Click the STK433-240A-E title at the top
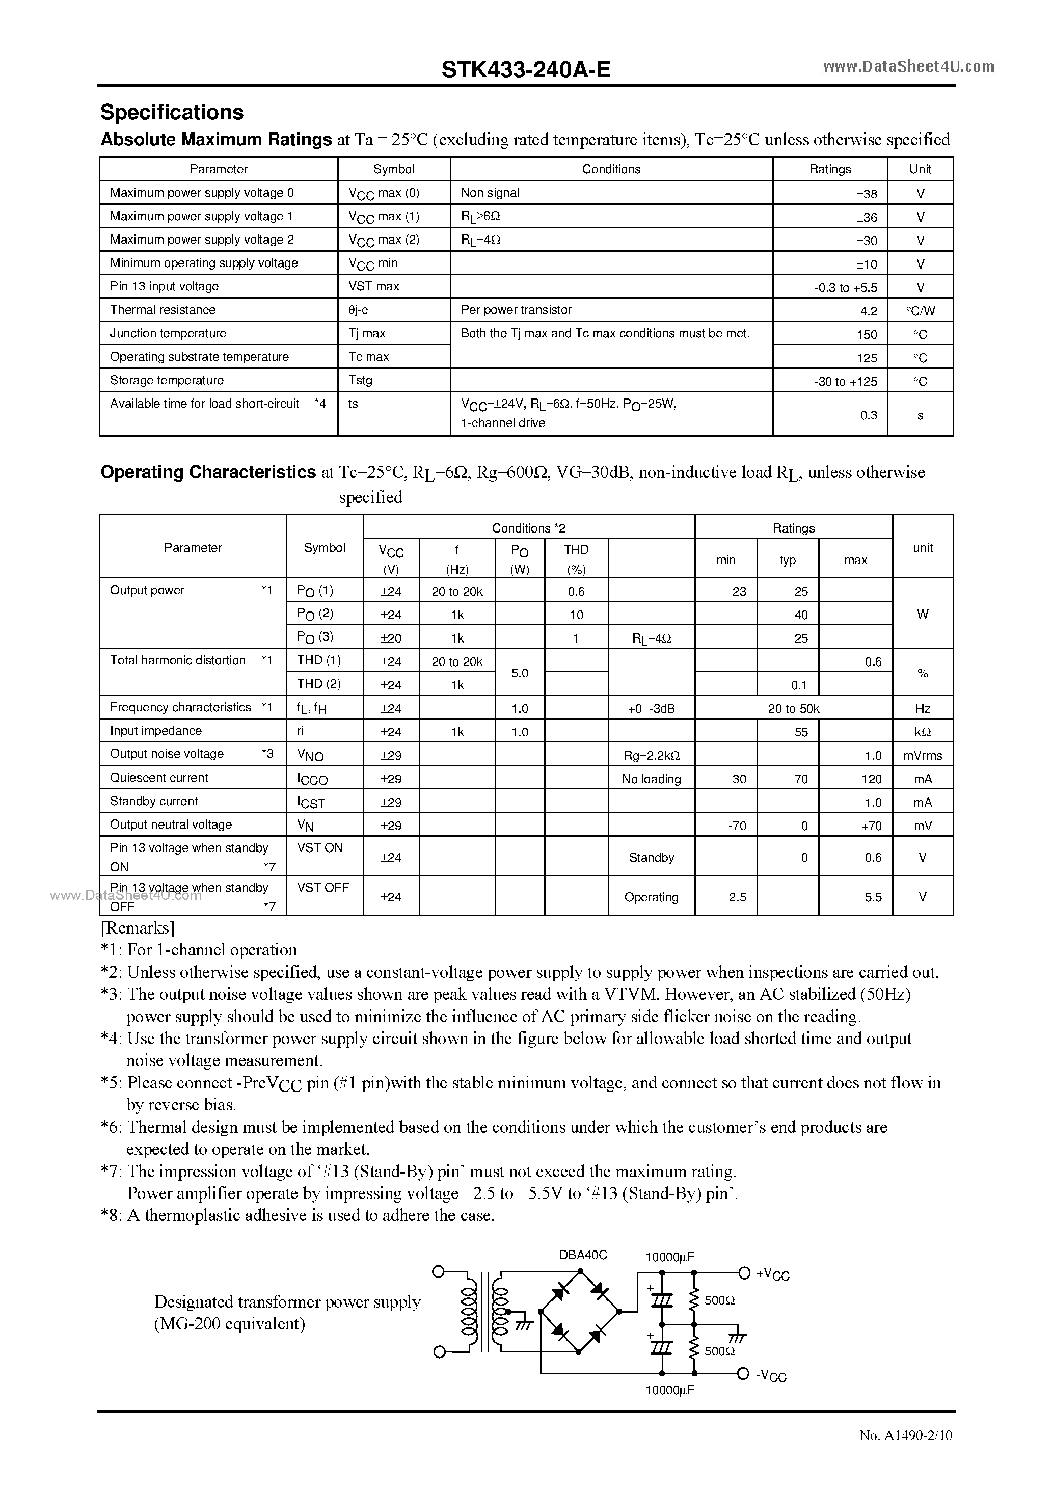click(x=526, y=69)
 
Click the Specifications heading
click(x=172, y=112)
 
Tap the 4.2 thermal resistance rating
click(x=868, y=311)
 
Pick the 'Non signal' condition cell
click(x=490, y=193)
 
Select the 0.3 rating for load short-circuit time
click(x=868, y=415)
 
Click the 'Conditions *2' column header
click(x=528, y=527)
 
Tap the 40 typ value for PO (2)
click(x=801, y=615)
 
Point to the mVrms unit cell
click(x=922, y=755)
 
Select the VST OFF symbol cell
click(x=322, y=887)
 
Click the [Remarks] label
click(x=137, y=927)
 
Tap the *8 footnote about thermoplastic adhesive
click(x=298, y=1215)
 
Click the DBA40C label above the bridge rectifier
click(x=583, y=1255)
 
